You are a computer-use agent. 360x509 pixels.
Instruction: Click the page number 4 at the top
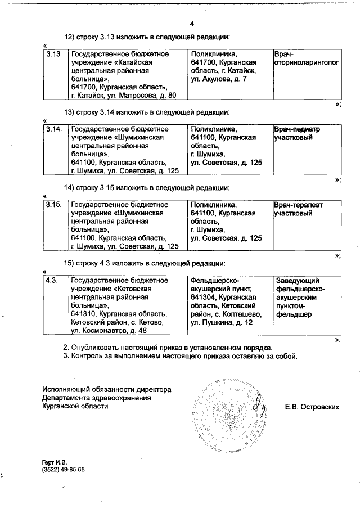(192, 24)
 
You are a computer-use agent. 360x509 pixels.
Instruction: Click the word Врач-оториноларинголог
(306, 58)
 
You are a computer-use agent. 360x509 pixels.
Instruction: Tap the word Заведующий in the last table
(298, 280)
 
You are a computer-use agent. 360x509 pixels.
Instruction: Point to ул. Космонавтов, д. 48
(108, 331)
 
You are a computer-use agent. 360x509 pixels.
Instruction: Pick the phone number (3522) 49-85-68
(63, 469)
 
